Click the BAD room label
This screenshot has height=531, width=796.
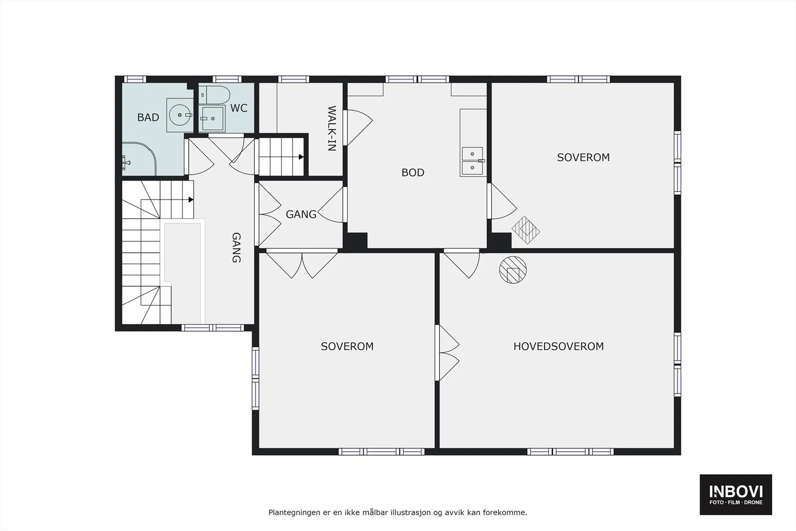pyautogui.click(x=148, y=117)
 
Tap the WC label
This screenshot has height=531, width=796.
pyautogui.click(x=239, y=108)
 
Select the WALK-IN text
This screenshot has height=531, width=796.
pyautogui.click(x=331, y=128)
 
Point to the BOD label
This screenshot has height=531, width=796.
pyautogui.click(x=413, y=172)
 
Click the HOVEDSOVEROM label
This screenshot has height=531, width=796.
pyautogui.click(x=559, y=346)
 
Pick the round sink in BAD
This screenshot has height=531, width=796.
pyautogui.click(x=180, y=115)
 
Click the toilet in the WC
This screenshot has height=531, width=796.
pyautogui.click(x=214, y=95)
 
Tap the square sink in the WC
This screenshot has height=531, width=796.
pyautogui.click(x=212, y=118)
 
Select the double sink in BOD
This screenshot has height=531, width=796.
pyautogui.click(x=472, y=161)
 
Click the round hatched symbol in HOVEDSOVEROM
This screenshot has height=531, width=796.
pyautogui.click(x=513, y=270)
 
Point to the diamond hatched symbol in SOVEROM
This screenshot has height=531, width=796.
pyautogui.click(x=526, y=230)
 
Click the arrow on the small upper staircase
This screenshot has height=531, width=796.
pyautogui.click(x=301, y=157)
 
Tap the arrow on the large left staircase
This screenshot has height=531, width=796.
pyautogui.click(x=191, y=200)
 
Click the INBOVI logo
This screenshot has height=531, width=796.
pyautogui.click(x=736, y=494)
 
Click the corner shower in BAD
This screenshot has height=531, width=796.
pyautogui.click(x=139, y=159)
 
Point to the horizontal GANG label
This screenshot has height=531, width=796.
pyautogui.click(x=301, y=214)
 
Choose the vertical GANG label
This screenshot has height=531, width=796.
pyautogui.click(x=236, y=248)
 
